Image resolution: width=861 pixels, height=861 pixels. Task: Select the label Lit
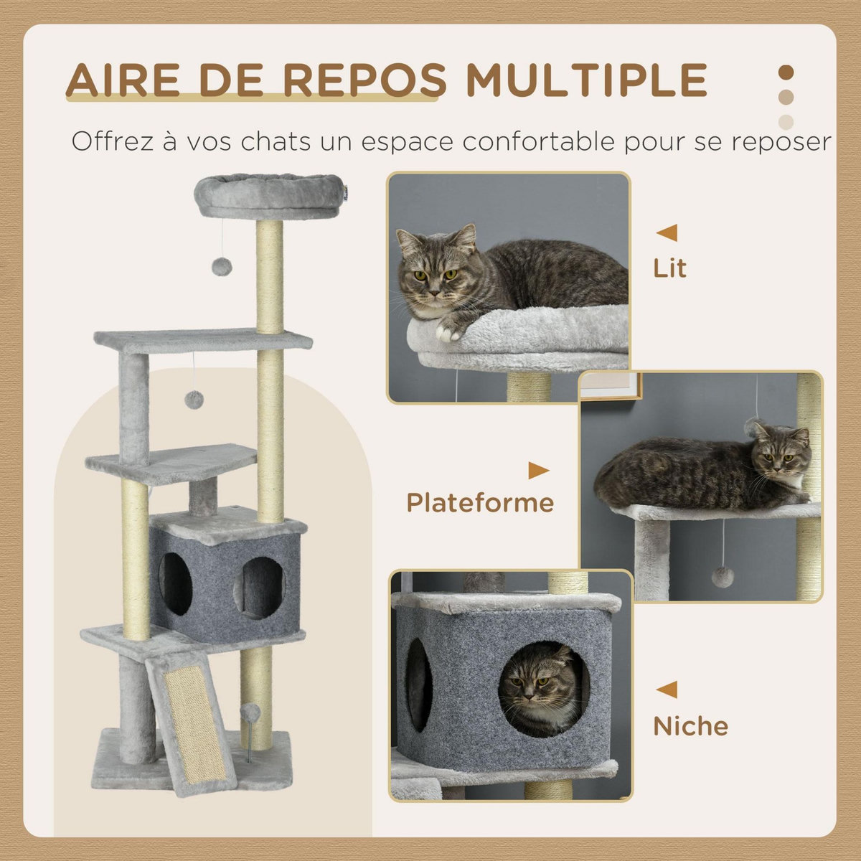point(669,268)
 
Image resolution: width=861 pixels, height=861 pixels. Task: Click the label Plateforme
point(480,503)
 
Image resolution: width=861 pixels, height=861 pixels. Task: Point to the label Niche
point(690,726)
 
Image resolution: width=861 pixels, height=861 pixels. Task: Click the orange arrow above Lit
point(667,232)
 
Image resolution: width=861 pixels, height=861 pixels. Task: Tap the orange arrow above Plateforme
point(538,471)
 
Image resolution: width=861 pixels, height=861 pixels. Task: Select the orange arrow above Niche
point(667,690)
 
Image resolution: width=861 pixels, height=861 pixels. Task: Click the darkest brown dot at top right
point(786,73)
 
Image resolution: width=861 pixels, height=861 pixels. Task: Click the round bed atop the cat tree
point(269,195)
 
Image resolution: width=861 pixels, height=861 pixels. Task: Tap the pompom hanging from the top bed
point(221,267)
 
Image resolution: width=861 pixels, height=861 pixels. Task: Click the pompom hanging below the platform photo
point(723,576)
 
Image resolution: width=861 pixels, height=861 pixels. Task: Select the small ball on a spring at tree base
point(250,713)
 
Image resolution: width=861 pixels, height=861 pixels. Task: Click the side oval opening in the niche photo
point(419,684)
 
